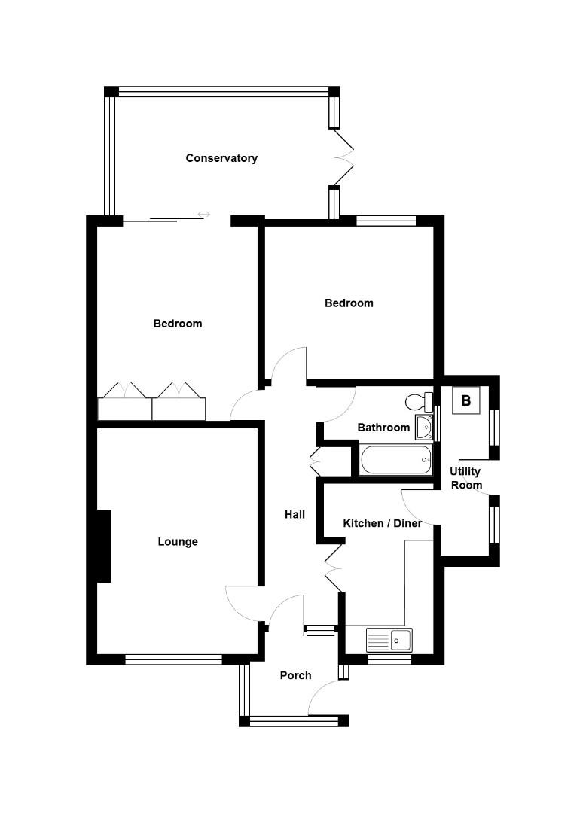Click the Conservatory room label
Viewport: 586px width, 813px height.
tap(221, 158)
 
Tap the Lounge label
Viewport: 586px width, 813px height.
tap(178, 542)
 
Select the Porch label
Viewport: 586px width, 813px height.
tap(295, 675)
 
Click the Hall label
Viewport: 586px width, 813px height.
tap(295, 515)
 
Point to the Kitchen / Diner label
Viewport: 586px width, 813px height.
tap(382, 523)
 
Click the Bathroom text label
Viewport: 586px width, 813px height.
tap(383, 428)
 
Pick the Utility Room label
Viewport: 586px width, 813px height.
tap(465, 478)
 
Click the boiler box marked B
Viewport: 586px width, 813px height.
tap(465, 401)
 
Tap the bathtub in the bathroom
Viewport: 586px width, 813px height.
tap(395, 460)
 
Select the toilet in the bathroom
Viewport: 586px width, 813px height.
tap(417, 400)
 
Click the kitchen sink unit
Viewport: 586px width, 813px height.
tap(389, 640)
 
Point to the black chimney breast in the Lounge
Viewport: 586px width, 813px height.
tap(104, 546)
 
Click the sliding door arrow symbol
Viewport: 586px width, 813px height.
tap(203, 215)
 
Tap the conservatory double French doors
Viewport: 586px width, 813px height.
tap(343, 157)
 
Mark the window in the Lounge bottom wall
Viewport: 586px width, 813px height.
tap(173, 659)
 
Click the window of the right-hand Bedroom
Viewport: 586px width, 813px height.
tap(386, 221)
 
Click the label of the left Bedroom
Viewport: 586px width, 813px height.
tap(178, 324)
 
